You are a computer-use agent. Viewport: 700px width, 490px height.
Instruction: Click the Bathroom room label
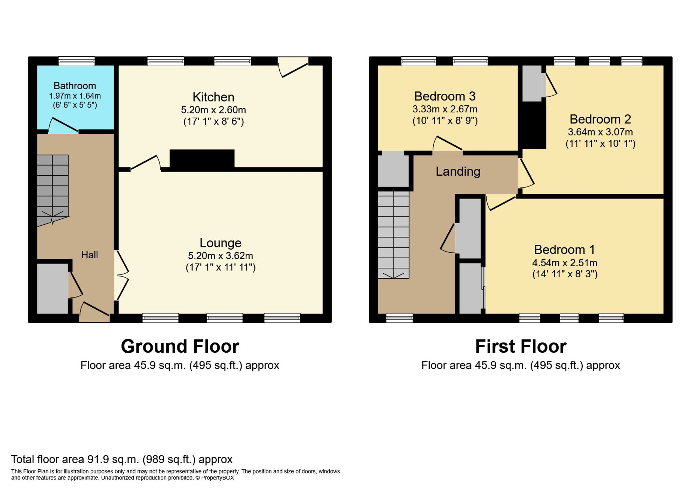[x=75, y=86]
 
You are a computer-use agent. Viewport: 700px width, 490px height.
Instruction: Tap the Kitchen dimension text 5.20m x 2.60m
[x=213, y=110]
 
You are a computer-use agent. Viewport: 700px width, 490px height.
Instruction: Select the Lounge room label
[x=220, y=243]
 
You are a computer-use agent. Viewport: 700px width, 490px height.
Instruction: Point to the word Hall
[x=89, y=255]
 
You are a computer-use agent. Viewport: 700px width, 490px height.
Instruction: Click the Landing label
[x=458, y=171]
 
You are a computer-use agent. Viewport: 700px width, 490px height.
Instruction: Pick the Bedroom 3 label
[x=444, y=96]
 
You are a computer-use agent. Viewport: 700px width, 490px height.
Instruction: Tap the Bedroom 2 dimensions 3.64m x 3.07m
[x=600, y=132]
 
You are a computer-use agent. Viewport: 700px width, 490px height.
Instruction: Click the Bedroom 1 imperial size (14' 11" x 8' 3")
[x=565, y=274]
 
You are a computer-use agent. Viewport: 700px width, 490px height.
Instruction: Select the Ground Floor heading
[x=180, y=346]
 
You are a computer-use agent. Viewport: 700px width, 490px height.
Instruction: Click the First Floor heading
[x=520, y=346]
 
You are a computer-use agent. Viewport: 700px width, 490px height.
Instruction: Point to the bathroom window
[x=76, y=62]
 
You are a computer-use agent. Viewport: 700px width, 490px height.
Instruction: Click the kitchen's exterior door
[x=293, y=67]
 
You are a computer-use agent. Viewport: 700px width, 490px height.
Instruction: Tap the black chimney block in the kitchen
[x=202, y=160]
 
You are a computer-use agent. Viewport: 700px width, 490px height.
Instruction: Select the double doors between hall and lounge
[x=122, y=275]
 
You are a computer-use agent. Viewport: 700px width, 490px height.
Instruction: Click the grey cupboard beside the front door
[x=52, y=288]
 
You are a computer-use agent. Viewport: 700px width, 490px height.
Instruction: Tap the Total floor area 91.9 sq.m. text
[x=121, y=459]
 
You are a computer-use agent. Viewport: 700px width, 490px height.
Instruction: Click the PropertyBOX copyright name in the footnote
[x=217, y=478]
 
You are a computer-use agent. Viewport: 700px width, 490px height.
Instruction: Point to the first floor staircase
[x=393, y=234]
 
